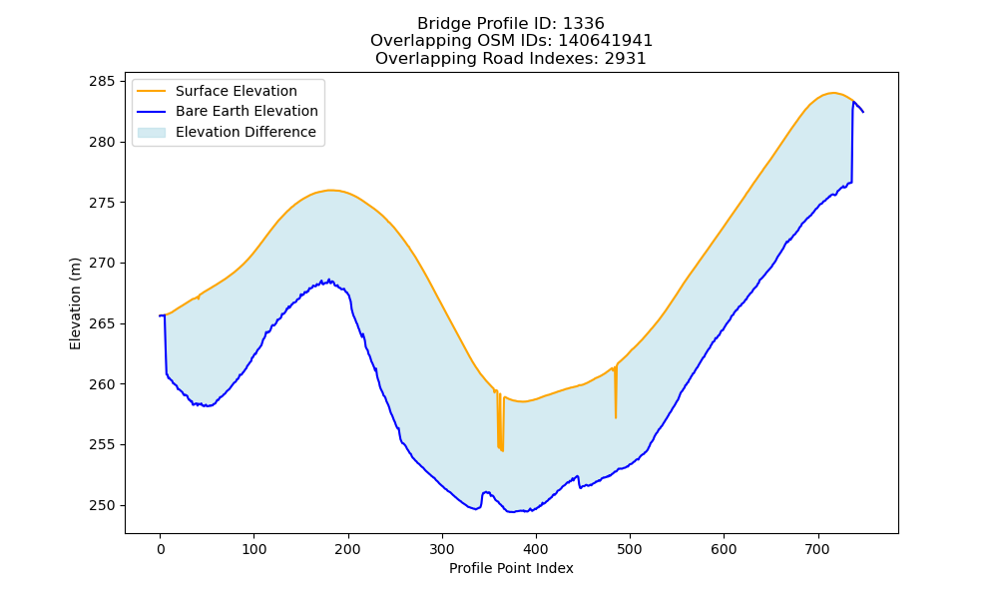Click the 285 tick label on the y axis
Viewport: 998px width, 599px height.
pyautogui.click(x=102, y=82)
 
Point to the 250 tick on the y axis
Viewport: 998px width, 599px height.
pyautogui.click(x=123, y=505)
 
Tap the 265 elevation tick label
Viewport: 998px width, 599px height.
pyautogui.click(x=102, y=324)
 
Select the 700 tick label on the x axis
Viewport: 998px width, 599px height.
pyautogui.click(x=818, y=549)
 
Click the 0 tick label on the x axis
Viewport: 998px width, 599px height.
pyautogui.click(x=161, y=549)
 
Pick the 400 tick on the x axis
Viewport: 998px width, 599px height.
pyautogui.click(x=536, y=536)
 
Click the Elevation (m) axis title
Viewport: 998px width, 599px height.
pyautogui.click(x=75, y=303)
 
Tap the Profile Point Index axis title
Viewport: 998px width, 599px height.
pyautogui.click(x=511, y=568)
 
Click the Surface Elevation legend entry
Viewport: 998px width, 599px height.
pyautogui.click(x=237, y=91)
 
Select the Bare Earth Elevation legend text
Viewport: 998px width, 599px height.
pyautogui.click(x=247, y=111)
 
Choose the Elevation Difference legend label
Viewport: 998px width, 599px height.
pyautogui.click(x=246, y=132)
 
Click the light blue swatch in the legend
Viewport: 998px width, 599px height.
pyautogui.click(x=152, y=133)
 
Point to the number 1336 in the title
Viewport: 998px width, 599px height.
pyautogui.click(x=584, y=24)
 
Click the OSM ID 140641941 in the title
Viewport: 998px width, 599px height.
pyautogui.click(x=606, y=41)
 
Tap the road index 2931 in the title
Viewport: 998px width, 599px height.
pyautogui.click(x=626, y=59)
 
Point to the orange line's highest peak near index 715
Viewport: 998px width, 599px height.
pyautogui.click(x=833, y=93)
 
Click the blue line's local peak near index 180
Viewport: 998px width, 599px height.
pyautogui.click(x=329, y=281)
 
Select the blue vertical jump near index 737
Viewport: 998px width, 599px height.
pyautogui.click(x=852, y=142)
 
